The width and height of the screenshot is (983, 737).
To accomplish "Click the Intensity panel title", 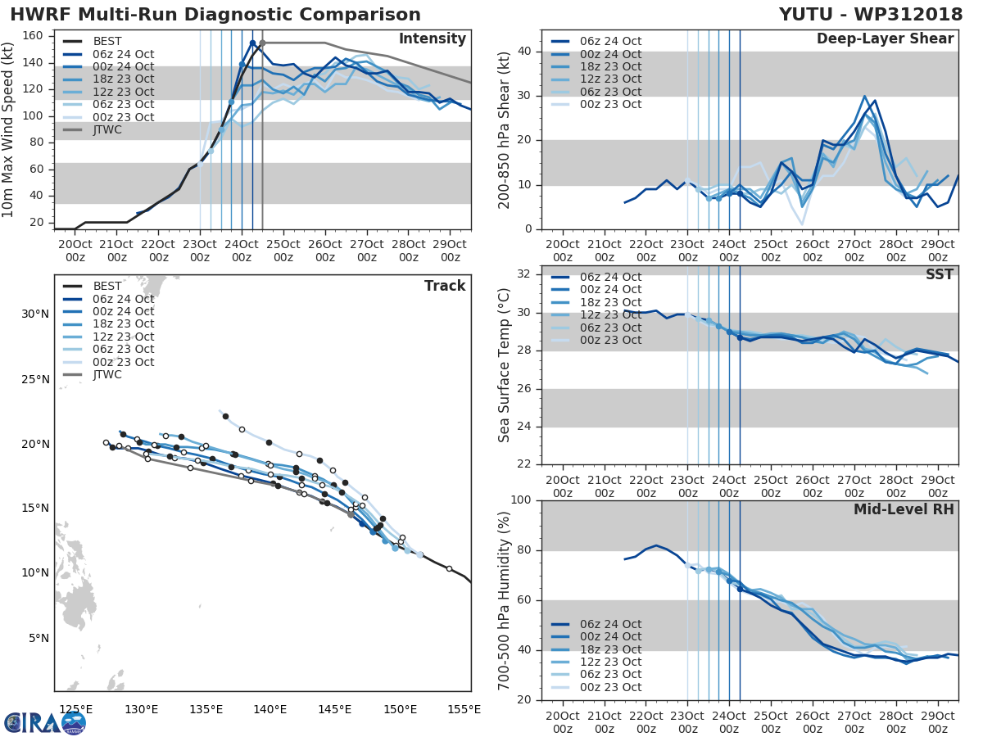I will pos(432,39).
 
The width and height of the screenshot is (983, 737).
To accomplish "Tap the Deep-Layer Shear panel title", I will pos(885,39).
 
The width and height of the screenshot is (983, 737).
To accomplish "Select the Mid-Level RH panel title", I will pos(904,510).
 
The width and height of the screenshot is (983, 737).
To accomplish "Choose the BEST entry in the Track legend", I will pos(107,287).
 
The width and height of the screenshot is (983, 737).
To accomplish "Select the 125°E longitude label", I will pos(75,709).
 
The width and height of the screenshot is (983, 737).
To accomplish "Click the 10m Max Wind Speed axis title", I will pos(9,129).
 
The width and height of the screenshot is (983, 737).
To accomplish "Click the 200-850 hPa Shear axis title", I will pos(505,129).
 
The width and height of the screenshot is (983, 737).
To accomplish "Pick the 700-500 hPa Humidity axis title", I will pos(505,599).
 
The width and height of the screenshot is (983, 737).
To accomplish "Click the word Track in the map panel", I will pos(445,286).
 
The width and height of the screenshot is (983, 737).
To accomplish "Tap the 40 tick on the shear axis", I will pos(523,52).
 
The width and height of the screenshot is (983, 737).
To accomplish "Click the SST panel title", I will pos(939,274).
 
